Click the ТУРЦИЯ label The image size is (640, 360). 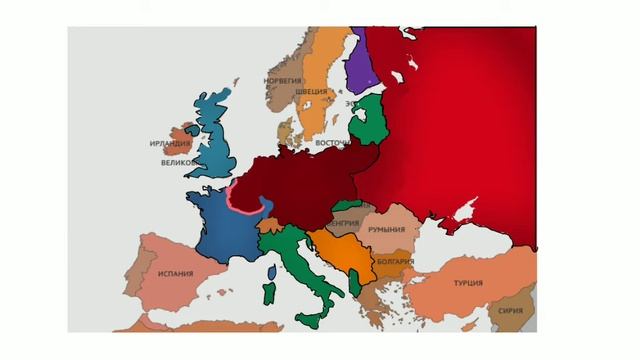pyautogui.click(x=468, y=283)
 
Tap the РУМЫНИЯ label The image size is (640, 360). pyautogui.click(x=386, y=230)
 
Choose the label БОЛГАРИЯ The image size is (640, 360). pyautogui.click(x=396, y=263)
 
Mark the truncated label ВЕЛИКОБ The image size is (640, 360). pyautogui.click(x=179, y=162)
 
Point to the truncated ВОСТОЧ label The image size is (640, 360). pyautogui.click(x=332, y=143)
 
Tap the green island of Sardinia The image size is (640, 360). pyautogui.click(x=268, y=293)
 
